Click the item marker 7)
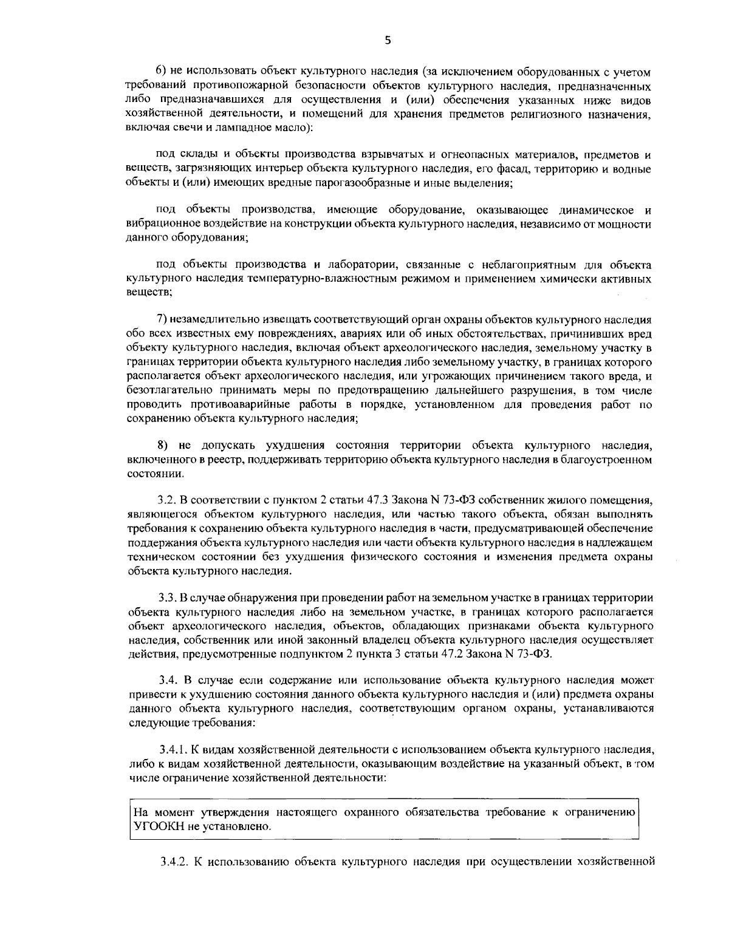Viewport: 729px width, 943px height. coord(162,319)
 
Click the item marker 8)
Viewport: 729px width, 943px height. coord(162,446)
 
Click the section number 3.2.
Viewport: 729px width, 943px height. coord(166,500)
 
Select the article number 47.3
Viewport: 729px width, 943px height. coord(378,500)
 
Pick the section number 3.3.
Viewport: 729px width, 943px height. coord(166,597)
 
